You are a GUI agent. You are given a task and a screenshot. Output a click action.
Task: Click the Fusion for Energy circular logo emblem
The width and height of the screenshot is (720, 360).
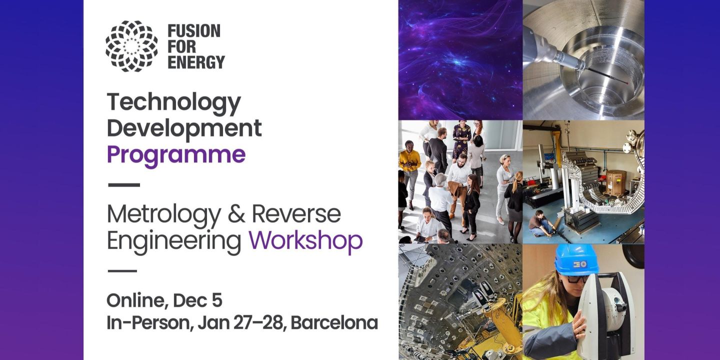[131, 46]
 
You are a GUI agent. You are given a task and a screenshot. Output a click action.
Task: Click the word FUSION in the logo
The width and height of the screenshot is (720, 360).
[193, 31]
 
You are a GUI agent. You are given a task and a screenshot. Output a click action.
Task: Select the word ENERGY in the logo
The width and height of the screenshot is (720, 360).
[196, 62]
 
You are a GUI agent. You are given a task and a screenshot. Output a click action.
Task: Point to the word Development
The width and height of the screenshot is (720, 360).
[184, 128]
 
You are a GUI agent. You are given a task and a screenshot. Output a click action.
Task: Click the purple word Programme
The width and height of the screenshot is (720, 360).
[176, 154]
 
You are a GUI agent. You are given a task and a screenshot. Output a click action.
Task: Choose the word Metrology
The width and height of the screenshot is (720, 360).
[163, 214]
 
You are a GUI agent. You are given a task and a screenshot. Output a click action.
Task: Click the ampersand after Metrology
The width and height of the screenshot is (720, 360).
[236, 214]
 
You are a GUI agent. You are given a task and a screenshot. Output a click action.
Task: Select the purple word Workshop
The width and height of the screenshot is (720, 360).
[305, 240]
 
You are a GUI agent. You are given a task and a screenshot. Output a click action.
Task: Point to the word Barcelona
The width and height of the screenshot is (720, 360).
[334, 322]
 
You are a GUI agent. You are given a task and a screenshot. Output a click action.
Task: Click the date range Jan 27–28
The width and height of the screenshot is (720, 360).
[241, 322]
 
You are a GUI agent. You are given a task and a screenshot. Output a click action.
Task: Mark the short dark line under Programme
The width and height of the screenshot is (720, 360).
[124, 184]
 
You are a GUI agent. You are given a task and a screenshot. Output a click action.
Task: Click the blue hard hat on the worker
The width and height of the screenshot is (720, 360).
[576, 260]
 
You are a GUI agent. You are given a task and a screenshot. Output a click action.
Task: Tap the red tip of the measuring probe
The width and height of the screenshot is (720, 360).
[625, 79]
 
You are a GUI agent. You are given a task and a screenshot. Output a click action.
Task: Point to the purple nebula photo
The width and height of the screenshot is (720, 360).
[460, 60]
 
